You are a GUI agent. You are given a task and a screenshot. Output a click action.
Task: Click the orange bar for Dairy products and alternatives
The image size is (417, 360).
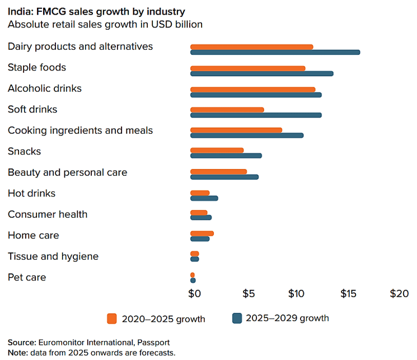click(x=251, y=46)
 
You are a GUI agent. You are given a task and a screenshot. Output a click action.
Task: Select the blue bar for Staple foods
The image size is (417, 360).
click(x=261, y=73)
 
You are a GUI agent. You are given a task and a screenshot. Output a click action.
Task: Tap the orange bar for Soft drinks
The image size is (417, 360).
click(x=227, y=110)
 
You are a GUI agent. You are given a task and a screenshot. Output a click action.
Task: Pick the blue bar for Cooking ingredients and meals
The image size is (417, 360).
click(x=246, y=135)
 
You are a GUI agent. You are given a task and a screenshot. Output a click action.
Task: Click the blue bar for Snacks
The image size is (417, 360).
click(x=226, y=156)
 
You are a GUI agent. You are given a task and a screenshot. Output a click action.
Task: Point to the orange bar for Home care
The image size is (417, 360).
click(x=202, y=233)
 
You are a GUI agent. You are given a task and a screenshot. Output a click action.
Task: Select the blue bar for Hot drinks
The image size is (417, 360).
click(x=204, y=198)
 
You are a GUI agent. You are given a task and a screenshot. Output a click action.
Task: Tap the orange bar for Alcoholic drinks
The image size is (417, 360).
click(x=252, y=89)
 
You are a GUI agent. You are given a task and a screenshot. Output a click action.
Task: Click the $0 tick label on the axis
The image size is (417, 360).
click(x=194, y=293)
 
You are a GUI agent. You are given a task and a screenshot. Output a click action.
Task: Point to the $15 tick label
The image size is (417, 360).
click(x=348, y=293)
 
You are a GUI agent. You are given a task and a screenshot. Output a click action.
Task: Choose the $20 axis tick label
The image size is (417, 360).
click(x=400, y=293)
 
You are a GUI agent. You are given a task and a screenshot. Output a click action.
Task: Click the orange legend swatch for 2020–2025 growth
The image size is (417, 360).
click(x=112, y=319)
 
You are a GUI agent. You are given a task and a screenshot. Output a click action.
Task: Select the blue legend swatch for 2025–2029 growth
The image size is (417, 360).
click(x=237, y=318)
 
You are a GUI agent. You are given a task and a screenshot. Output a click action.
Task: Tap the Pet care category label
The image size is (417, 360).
click(x=27, y=277)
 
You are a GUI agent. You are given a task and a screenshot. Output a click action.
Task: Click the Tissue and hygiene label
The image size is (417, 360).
click(x=53, y=256)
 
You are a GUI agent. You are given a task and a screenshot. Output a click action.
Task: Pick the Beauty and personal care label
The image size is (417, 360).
click(x=67, y=172)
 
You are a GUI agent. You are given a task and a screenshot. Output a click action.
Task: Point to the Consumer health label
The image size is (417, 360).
click(x=48, y=214)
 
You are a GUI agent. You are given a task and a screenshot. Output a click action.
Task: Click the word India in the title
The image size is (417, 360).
click(x=19, y=12)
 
